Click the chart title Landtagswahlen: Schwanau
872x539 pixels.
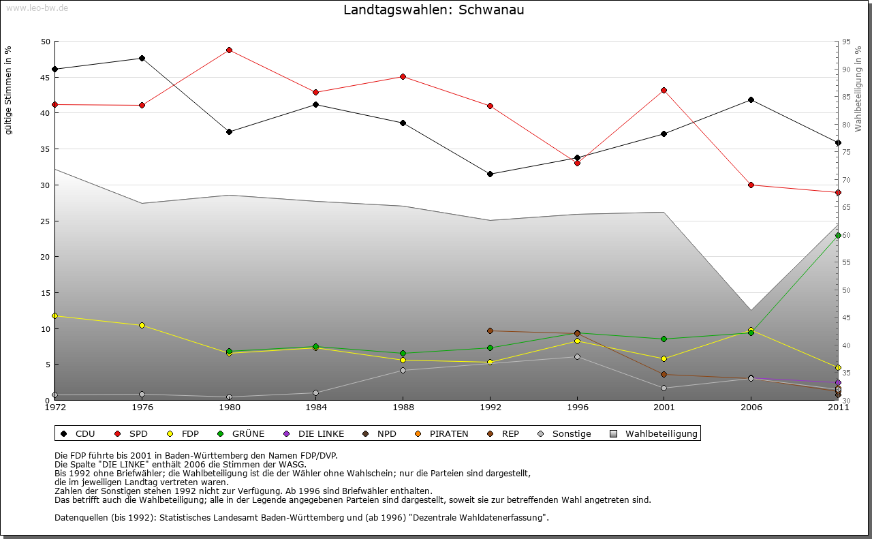click(434, 10)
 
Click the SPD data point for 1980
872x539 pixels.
click(229, 50)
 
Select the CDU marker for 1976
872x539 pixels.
click(142, 58)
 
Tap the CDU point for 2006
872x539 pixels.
click(751, 99)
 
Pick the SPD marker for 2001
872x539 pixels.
click(664, 90)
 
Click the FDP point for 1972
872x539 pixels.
click(54, 315)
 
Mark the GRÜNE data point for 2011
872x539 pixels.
click(838, 235)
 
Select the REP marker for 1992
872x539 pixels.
click(490, 330)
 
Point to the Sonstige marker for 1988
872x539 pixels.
click(403, 370)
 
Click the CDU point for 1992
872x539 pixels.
click(490, 174)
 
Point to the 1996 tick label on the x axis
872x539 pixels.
click(577, 407)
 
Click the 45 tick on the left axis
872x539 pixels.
click(46, 77)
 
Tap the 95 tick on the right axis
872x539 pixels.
click(846, 42)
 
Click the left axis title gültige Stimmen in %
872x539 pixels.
click(9, 91)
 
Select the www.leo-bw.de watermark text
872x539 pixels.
click(37, 7)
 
